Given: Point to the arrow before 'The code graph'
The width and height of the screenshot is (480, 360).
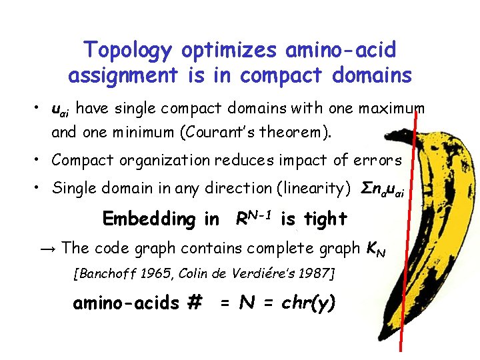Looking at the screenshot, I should (x=47, y=249).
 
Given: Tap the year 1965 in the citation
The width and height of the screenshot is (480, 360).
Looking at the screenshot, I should (x=176, y=273).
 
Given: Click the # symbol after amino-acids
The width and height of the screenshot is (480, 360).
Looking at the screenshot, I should (x=195, y=303).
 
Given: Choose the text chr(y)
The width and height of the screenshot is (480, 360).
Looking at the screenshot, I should (x=309, y=303).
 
